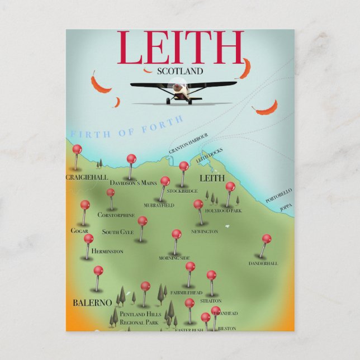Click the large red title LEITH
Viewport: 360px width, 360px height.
pos(180,49)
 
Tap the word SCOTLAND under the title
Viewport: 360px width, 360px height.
pos(180,72)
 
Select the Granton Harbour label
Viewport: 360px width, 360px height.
pos(188,144)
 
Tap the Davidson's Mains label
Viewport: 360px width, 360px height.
pos(133,183)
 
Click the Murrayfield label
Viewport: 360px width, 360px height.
pos(159,206)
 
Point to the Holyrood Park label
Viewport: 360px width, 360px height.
pos(223,211)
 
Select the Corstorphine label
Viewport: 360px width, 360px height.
pos(116,215)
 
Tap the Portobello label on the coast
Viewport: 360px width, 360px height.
pos(279,196)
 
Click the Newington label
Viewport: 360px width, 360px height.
pos(205,231)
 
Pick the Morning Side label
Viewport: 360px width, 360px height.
pos(174,258)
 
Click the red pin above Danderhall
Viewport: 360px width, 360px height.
pos(267,239)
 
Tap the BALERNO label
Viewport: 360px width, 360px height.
pos(92,302)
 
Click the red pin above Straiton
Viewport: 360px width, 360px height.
pos(211,275)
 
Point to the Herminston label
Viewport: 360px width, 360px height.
pos(107,252)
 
